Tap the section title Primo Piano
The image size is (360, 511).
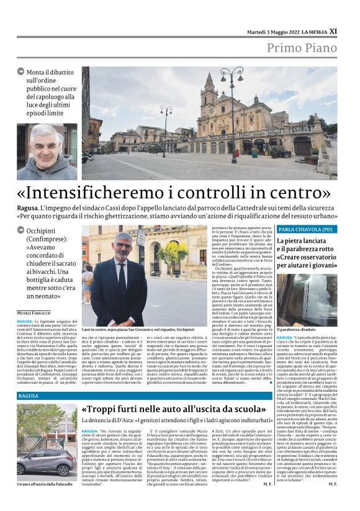[x=302, y=48]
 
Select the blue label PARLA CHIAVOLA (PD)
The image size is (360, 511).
[x=302, y=229]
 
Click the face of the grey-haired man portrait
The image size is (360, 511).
[x=46, y=148]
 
